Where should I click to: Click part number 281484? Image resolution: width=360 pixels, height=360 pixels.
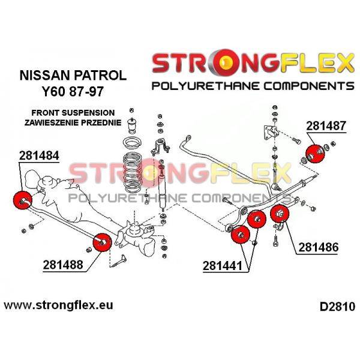tap(39, 155)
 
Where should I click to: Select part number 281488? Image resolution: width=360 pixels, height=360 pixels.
tap(63, 265)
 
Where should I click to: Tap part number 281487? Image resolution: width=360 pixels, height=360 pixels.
tap(326, 126)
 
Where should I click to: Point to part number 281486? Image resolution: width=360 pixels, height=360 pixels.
tap(319, 247)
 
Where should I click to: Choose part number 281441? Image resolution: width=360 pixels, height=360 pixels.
tap(223, 266)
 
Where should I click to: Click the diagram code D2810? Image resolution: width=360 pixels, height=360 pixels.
tap(337, 307)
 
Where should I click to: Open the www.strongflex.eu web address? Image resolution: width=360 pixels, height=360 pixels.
tap(58, 305)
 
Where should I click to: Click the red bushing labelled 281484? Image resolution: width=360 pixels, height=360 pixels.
tap(23, 200)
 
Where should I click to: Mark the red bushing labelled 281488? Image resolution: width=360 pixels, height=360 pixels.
tap(102, 242)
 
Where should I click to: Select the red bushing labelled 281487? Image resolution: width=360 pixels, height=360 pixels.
tap(316, 154)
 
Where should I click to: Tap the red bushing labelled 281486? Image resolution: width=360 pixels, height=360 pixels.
tap(280, 214)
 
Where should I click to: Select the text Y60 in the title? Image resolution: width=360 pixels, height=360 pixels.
tap(53, 91)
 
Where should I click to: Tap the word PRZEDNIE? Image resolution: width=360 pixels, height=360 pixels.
tap(101, 122)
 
